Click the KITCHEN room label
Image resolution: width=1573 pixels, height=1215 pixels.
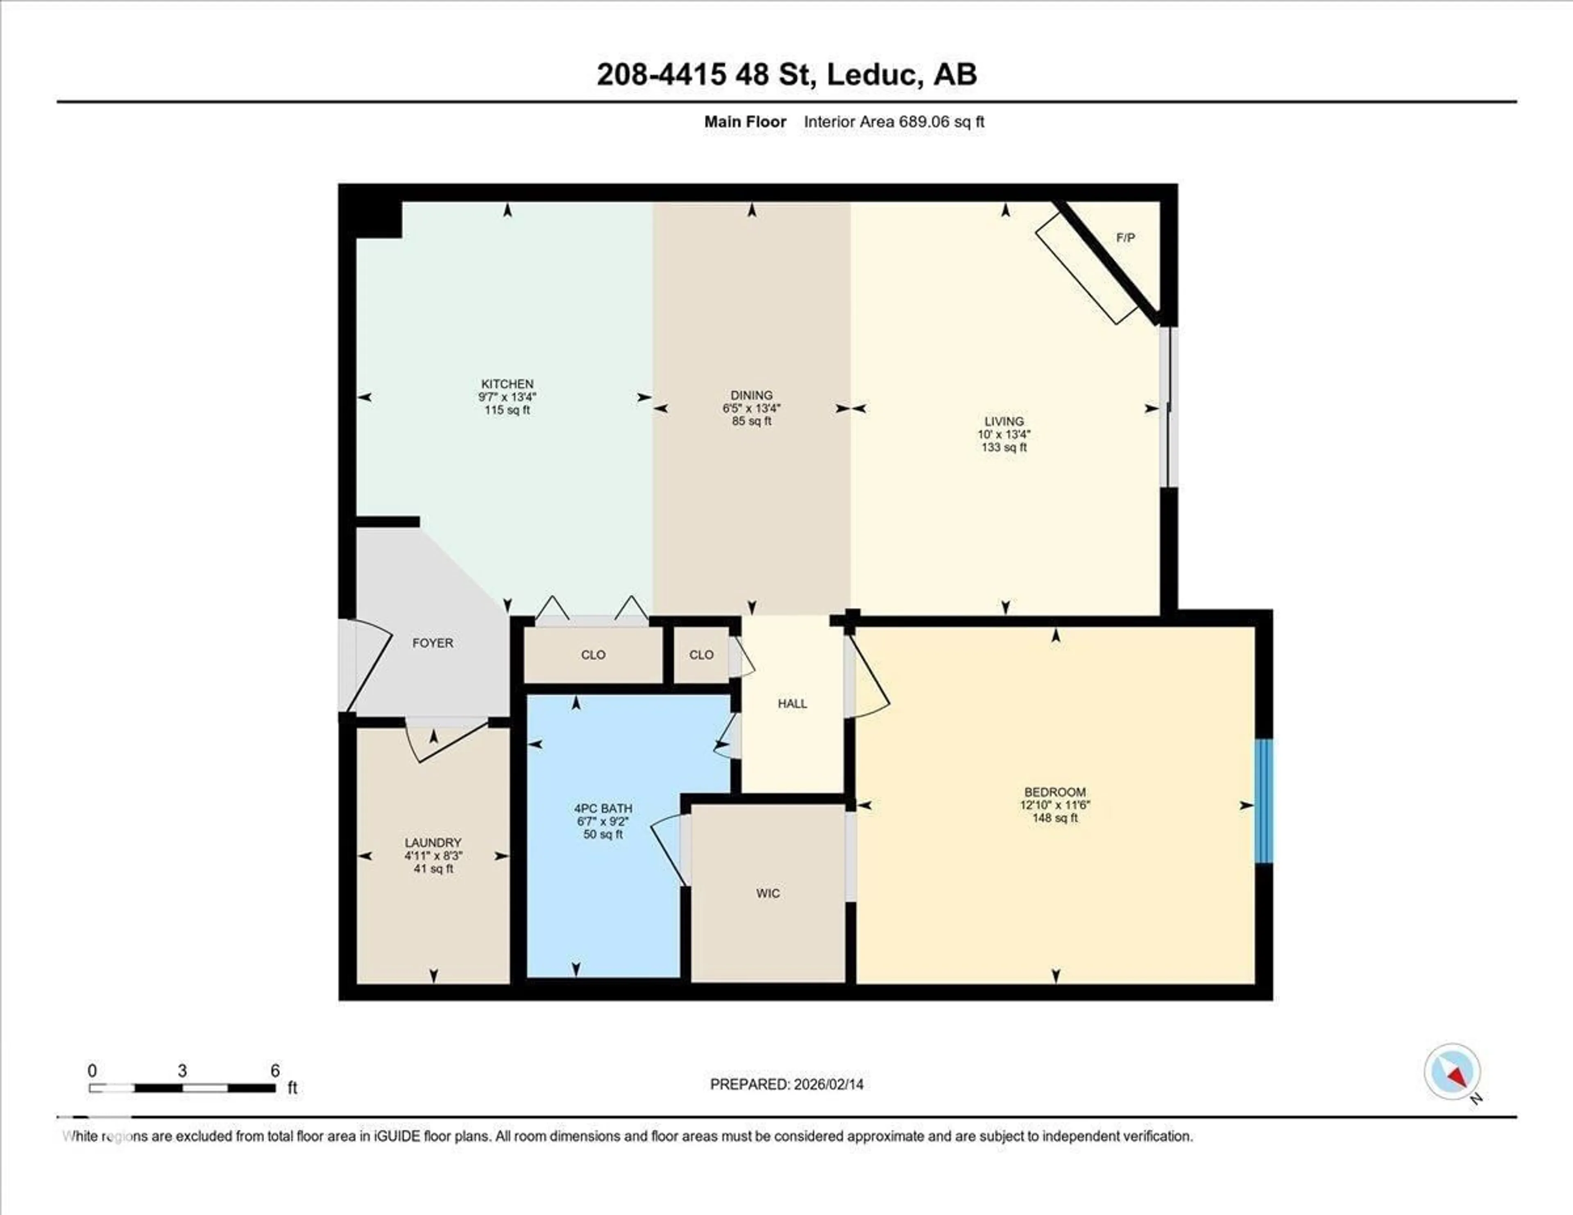pos(507,384)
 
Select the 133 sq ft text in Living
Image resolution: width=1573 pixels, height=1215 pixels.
pos(1004,447)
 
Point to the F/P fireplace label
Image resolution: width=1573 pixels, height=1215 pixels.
pos(1125,238)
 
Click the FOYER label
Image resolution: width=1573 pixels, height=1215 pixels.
pos(432,642)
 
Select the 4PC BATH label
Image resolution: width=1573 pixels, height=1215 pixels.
pos(603,808)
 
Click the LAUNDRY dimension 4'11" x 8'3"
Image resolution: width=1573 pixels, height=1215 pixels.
pos(433,856)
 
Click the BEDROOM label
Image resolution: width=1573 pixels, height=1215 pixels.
pos(1054,791)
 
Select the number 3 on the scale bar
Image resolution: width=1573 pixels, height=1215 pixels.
pos(182,1071)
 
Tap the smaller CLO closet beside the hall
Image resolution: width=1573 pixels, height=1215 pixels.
pos(701,655)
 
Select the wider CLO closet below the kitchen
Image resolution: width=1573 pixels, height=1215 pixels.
pos(593,655)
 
